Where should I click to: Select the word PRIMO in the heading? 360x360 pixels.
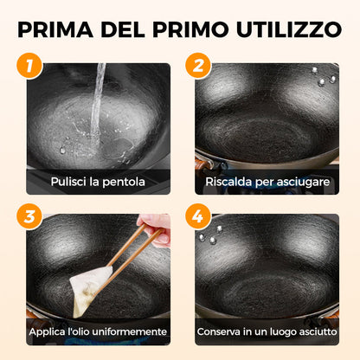tap(183, 29)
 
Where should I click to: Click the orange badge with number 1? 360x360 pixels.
tap(31, 66)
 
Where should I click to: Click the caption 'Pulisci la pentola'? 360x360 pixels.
tap(97, 182)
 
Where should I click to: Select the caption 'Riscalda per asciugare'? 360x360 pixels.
tap(266, 182)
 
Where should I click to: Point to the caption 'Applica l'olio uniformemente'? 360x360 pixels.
tap(97, 331)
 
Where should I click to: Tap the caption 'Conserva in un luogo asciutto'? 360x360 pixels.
tap(267, 331)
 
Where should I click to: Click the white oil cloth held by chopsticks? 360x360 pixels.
tap(92, 289)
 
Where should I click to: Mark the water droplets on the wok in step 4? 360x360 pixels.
tap(210, 234)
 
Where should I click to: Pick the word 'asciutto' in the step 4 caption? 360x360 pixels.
tap(315, 331)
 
